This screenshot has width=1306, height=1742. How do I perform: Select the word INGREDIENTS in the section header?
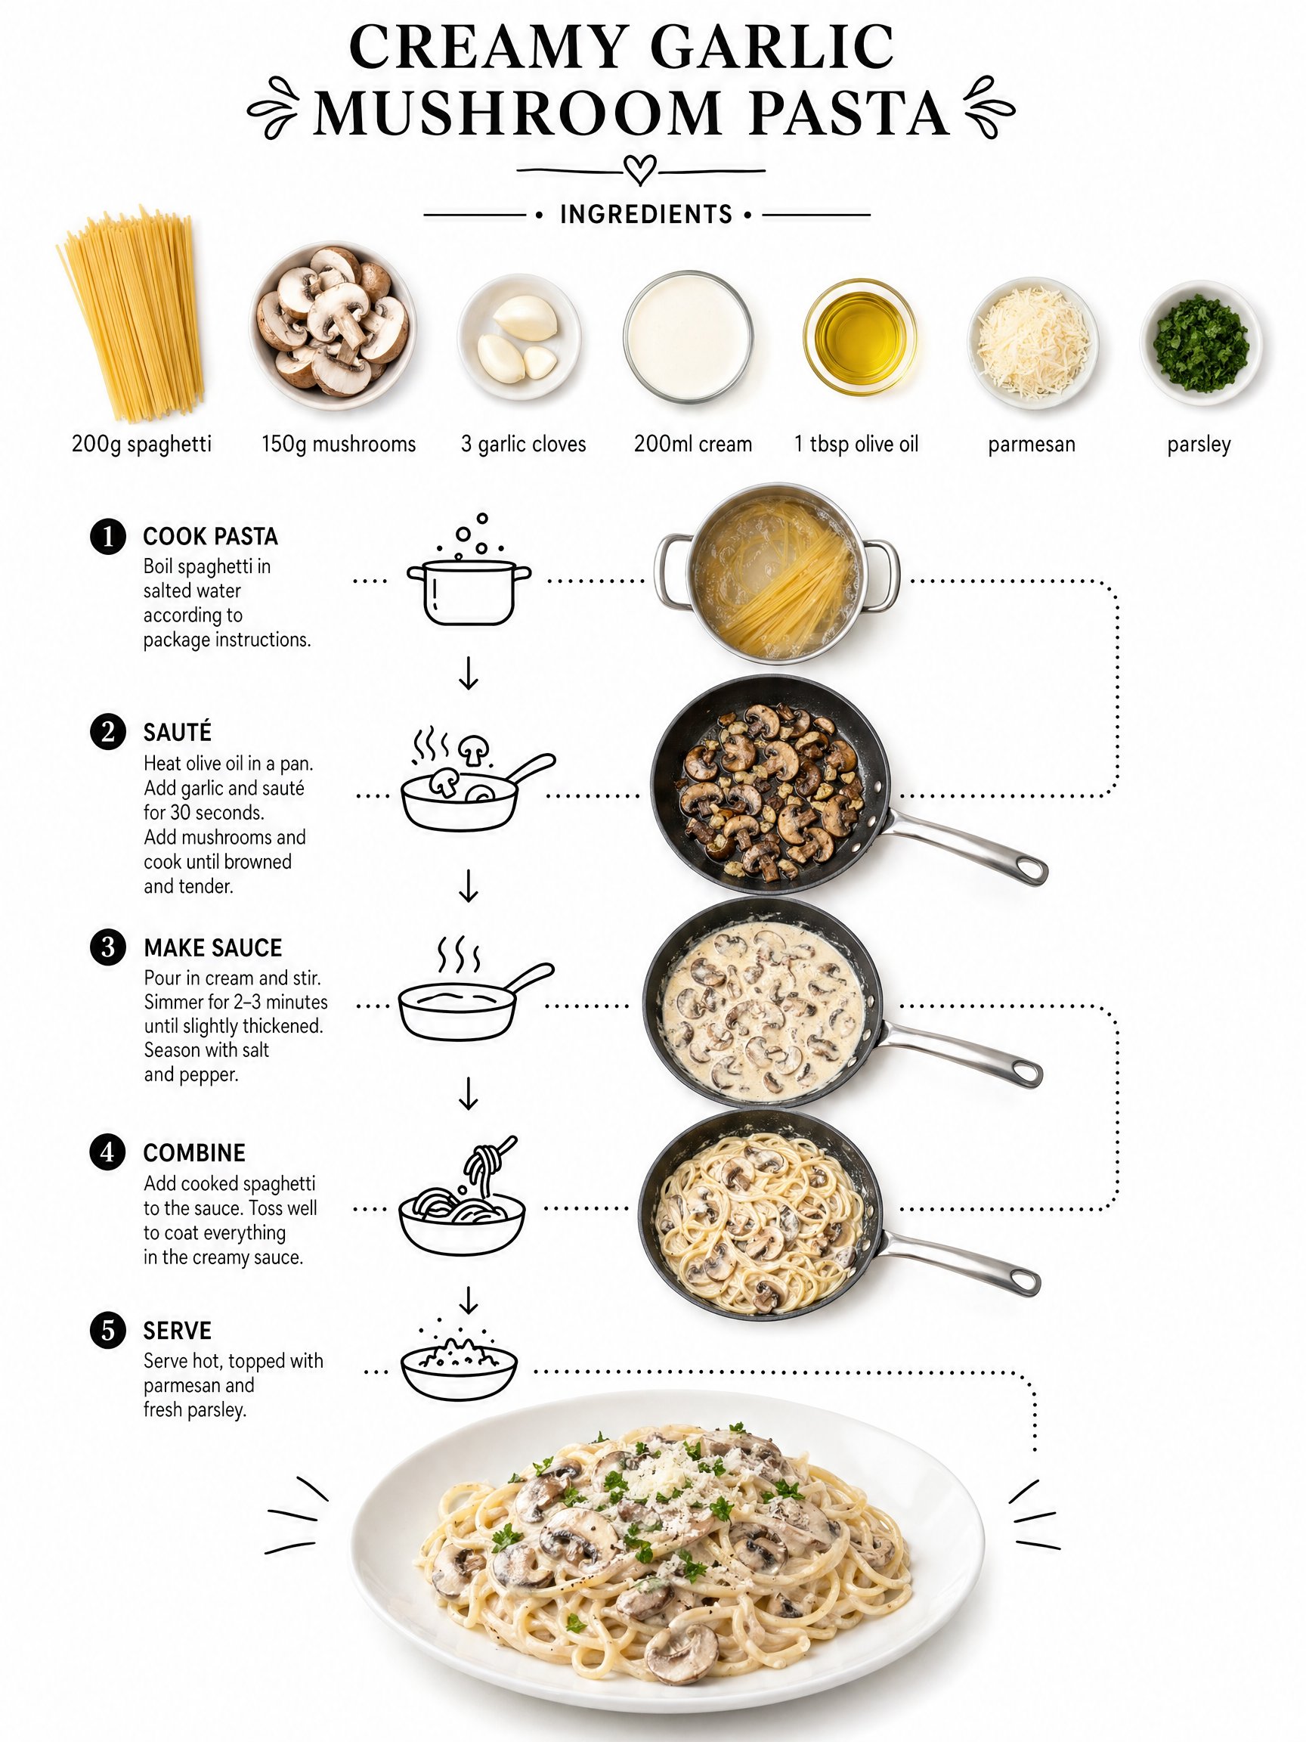(x=645, y=214)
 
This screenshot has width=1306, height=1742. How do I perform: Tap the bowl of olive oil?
(x=859, y=337)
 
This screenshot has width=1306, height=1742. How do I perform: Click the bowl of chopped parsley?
(x=1200, y=343)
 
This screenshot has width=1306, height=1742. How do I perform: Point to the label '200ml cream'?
(x=693, y=444)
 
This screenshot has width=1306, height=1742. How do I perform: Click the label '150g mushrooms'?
(x=339, y=444)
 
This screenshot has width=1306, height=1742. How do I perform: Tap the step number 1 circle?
(x=108, y=537)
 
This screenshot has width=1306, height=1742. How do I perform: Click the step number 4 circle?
(x=108, y=1152)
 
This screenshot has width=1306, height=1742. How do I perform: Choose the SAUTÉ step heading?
(x=177, y=733)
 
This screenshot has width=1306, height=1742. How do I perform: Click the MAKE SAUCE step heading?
(x=212, y=947)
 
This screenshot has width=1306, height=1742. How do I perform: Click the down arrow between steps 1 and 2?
(x=469, y=673)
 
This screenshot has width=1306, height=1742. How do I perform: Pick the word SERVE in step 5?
(x=177, y=1331)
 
